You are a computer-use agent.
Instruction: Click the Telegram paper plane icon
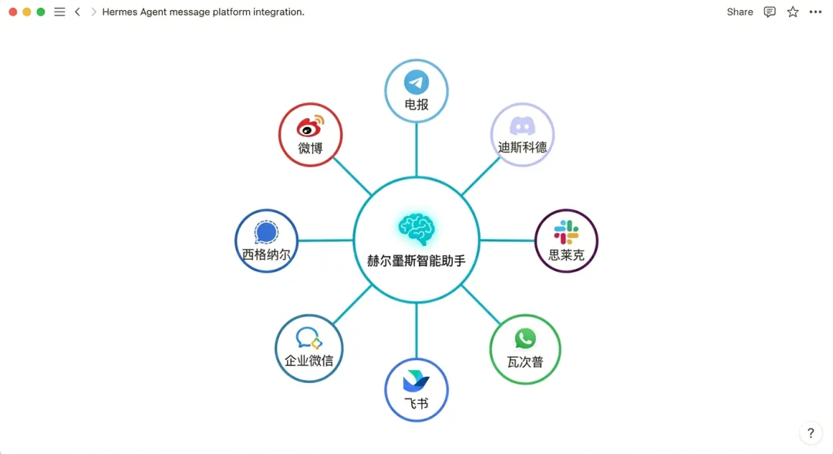pyautogui.click(x=416, y=82)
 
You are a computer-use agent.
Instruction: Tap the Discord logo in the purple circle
pyautogui.click(x=523, y=126)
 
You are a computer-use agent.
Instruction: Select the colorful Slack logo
pyautogui.click(x=566, y=231)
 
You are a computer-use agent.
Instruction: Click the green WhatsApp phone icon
pyautogui.click(x=525, y=338)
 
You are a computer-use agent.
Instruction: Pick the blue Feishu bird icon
pyautogui.click(x=416, y=381)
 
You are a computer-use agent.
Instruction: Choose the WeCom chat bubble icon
pyautogui.click(x=309, y=338)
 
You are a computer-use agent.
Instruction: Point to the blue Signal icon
pyautogui.click(x=266, y=232)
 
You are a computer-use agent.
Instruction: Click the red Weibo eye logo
pyautogui.click(x=310, y=125)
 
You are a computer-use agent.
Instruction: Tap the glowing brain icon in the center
pyautogui.click(x=416, y=228)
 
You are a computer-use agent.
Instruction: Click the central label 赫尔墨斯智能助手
pyautogui.click(x=416, y=261)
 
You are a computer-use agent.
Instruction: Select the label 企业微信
pyautogui.click(x=309, y=360)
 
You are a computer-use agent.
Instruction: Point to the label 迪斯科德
pyautogui.click(x=523, y=147)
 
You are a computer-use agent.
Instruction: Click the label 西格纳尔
pyautogui.click(x=266, y=254)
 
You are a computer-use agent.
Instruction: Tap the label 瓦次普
pyautogui.click(x=525, y=361)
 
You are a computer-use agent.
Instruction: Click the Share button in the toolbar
pyautogui.click(x=740, y=12)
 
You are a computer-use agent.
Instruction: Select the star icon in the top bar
pyautogui.click(x=793, y=12)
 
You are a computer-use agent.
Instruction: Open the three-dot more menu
pyautogui.click(x=815, y=12)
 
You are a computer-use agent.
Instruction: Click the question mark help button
pyautogui.click(x=811, y=433)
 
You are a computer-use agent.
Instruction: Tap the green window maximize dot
pyautogui.click(x=41, y=12)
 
